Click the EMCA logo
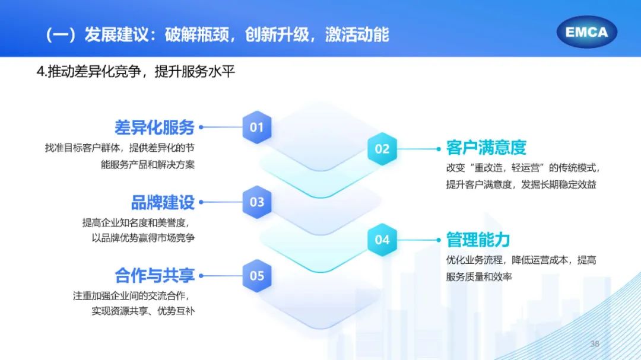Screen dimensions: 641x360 click(586, 32)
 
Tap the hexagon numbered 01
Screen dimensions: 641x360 click(257, 127)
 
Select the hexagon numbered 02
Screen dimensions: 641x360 click(382, 149)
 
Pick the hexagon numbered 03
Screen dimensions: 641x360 click(257, 202)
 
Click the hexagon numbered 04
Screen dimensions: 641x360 click(382, 240)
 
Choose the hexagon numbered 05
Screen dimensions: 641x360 click(257, 276)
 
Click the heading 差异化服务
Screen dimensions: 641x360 click(154, 128)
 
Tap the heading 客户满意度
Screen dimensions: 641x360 click(486, 148)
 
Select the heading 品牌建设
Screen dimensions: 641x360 click(163, 202)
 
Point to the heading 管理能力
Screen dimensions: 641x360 click(478, 240)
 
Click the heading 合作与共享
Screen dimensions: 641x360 click(154, 276)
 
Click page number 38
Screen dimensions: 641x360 click(595, 344)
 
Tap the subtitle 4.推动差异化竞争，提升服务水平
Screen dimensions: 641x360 click(136, 72)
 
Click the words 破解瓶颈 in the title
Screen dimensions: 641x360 click(197, 35)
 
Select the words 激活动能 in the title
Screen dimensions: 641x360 click(357, 35)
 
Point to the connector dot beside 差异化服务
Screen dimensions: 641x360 click(201, 127)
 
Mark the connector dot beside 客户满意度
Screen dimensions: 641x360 click(438, 149)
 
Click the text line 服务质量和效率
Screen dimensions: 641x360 click(479, 276)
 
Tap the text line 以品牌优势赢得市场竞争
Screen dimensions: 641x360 click(143, 238)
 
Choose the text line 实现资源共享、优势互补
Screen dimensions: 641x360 click(143, 311)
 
